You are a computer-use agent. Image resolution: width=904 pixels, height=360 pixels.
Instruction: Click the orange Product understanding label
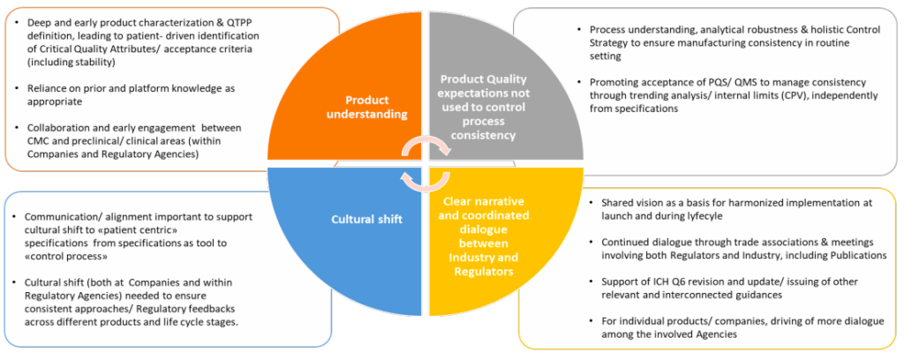[366, 106]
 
